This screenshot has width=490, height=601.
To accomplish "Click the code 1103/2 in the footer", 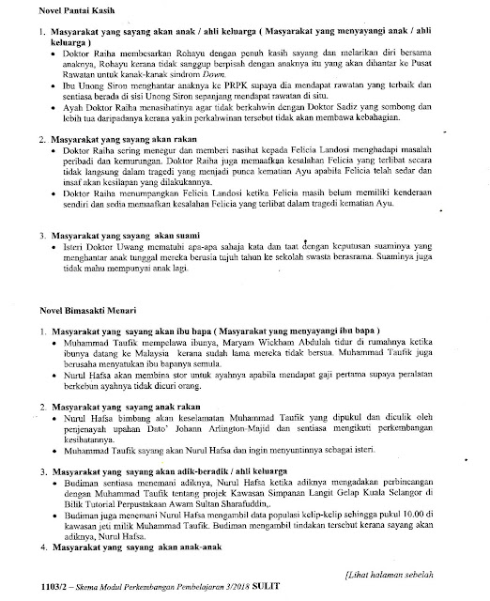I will click(42, 588).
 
